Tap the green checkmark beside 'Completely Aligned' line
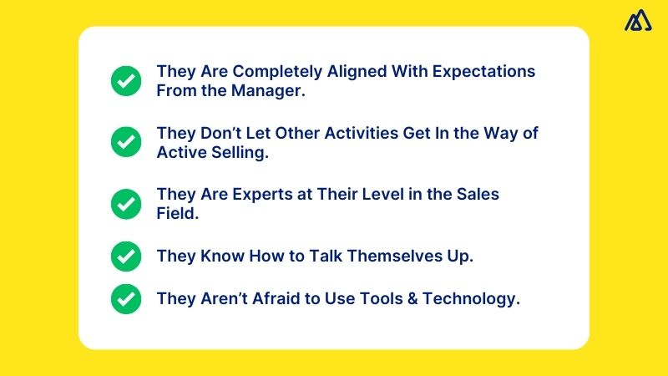click(126, 81)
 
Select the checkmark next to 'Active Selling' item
click(126, 142)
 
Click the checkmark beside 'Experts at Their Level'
click(126, 204)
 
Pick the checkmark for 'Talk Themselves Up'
click(126, 256)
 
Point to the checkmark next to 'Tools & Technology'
click(126, 298)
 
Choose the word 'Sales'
click(478, 195)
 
